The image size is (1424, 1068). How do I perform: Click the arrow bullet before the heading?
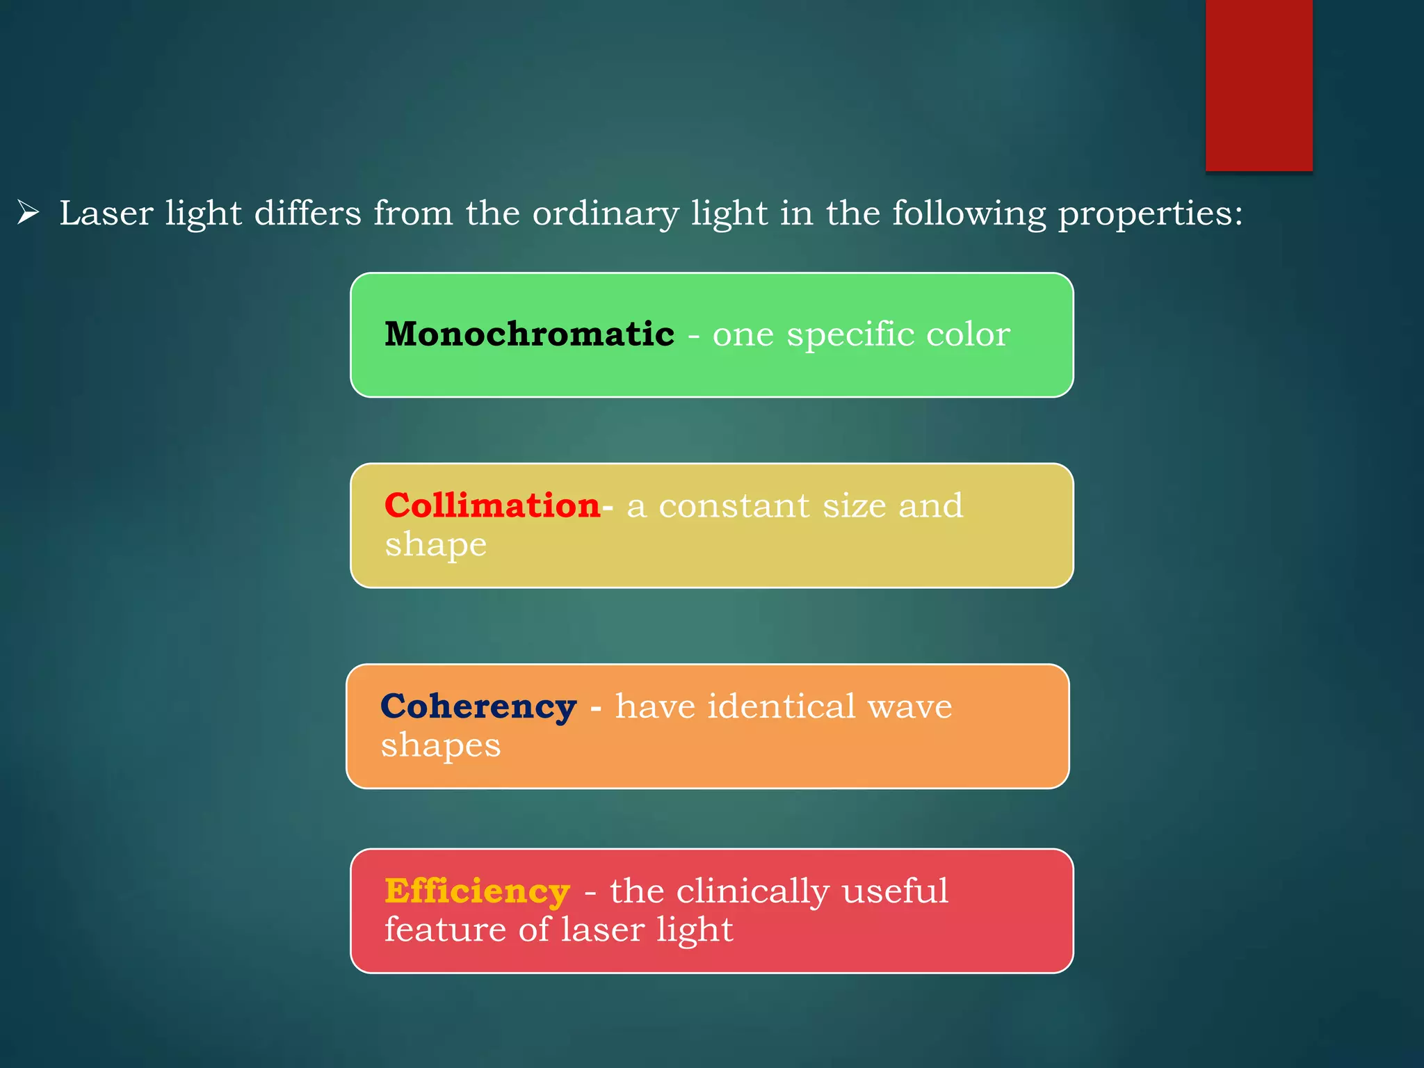pyautogui.click(x=28, y=212)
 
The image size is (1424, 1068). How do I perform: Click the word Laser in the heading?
pyautogui.click(x=106, y=213)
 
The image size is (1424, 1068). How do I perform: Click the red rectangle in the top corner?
pyautogui.click(x=1259, y=85)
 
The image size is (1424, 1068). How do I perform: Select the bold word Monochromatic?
pyautogui.click(x=529, y=334)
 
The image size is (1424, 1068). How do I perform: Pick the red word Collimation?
pyautogui.click(x=492, y=505)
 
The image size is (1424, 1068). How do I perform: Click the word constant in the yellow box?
pyautogui.click(x=734, y=505)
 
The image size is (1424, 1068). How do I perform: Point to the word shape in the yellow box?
pyautogui.click(x=436, y=545)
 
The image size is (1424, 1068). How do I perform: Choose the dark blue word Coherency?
pyautogui.click(x=478, y=707)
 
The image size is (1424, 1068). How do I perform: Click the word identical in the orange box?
pyautogui.click(x=782, y=706)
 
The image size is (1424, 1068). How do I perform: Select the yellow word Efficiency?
pyautogui.click(x=477, y=891)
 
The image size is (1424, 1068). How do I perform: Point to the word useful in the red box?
pyautogui.click(x=895, y=891)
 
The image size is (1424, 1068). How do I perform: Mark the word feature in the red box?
pyautogui.click(x=445, y=930)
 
